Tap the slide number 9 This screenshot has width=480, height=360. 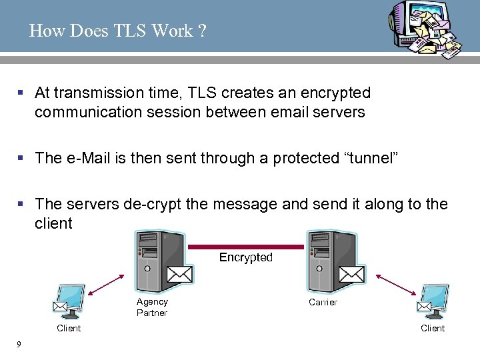pos(19,344)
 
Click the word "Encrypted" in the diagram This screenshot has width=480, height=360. pos(246,257)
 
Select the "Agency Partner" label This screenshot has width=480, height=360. pos(152,307)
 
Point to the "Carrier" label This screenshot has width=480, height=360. pos(323,302)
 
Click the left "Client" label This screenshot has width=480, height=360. pos(69,328)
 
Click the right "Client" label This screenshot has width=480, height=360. pos(433,328)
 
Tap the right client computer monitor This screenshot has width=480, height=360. pos(434,299)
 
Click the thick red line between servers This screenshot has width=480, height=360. pos(246,246)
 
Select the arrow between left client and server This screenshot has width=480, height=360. pos(105,285)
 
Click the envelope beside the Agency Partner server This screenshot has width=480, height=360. pos(179,274)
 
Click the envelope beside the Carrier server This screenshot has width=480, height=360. pos(351,274)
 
